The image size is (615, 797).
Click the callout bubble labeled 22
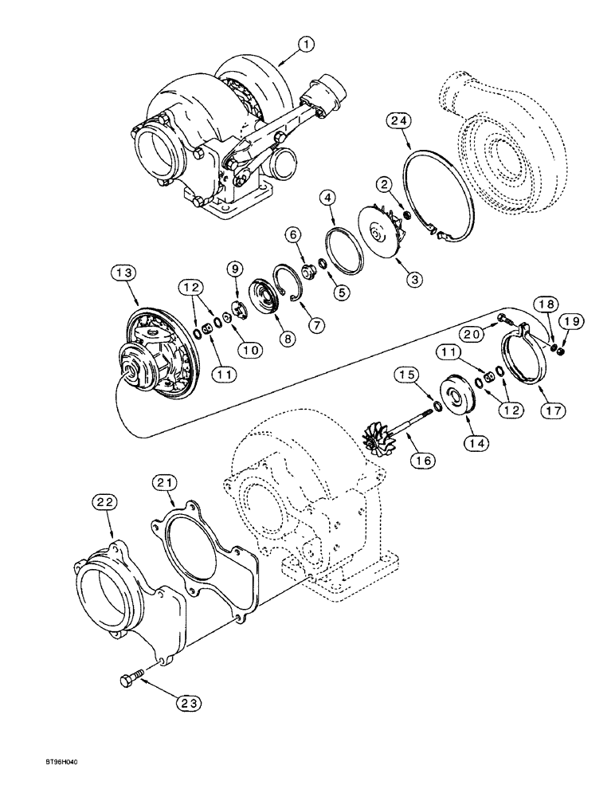pyautogui.click(x=108, y=502)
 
